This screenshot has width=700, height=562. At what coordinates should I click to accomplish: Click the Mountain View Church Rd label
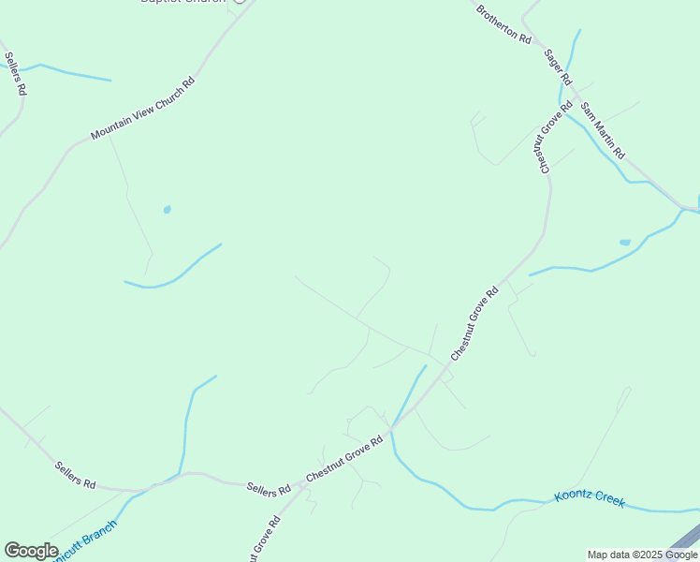[142, 109]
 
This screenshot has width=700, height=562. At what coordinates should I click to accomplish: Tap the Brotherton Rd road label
[503, 25]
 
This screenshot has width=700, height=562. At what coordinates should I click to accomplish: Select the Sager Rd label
[558, 67]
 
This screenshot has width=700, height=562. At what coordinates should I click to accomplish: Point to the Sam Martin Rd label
[602, 129]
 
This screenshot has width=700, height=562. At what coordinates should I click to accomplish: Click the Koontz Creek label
[589, 497]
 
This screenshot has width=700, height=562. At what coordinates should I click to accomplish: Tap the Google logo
[31, 551]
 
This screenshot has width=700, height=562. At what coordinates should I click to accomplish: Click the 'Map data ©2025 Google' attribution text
[642, 555]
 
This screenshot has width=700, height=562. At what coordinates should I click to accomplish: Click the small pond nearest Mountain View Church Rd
[167, 210]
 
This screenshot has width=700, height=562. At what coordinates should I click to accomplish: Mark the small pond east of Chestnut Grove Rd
[625, 243]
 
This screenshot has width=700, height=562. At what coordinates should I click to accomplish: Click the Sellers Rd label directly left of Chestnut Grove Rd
[269, 489]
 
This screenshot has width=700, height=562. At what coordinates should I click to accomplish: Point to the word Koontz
[573, 495]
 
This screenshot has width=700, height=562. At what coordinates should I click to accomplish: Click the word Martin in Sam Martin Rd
[603, 131]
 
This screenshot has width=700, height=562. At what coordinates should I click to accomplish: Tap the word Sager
[553, 60]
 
